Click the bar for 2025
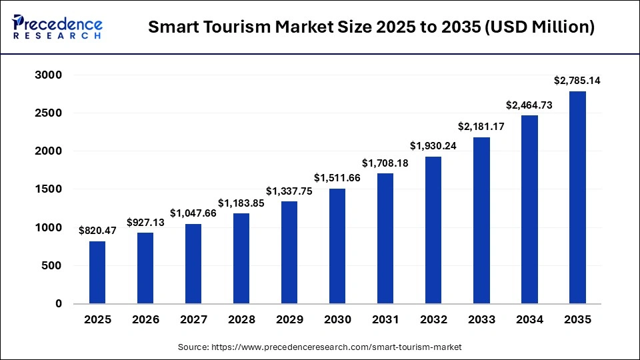[x=97, y=272]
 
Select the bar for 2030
[x=337, y=246]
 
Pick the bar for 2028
[x=241, y=259]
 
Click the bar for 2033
[x=481, y=221]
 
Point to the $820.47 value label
[x=97, y=231]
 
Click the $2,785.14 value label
[x=577, y=81]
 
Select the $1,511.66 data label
[x=337, y=178]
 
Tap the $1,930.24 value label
[x=433, y=146]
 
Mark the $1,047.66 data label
[x=193, y=213]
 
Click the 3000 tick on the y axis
[x=48, y=75]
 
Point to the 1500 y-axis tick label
[x=48, y=189]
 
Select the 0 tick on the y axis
[x=57, y=304]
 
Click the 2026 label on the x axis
[x=145, y=320]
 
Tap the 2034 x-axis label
[x=529, y=320]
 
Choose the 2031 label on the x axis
[x=385, y=320]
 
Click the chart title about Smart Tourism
[x=371, y=27]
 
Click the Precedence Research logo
[x=57, y=27]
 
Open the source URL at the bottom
[x=320, y=347]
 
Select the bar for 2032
[x=433, y=230]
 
